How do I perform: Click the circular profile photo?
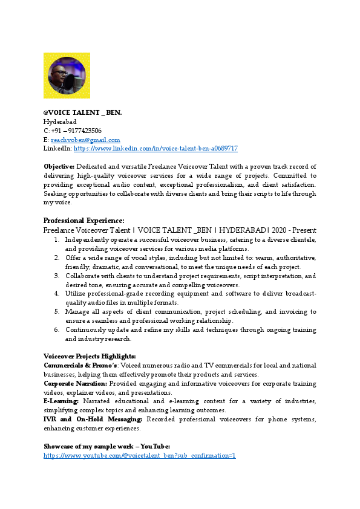coord(67,76)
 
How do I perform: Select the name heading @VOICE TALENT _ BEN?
coord(83,112)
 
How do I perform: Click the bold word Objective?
coord(59,166)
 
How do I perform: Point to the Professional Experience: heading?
coord(84,221)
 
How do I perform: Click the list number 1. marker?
coord(56,239)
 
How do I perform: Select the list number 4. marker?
coord(56,294)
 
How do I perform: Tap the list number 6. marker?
coord(56,330)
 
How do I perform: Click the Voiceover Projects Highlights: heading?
coord(90,357)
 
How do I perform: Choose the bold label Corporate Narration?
coord(76,384)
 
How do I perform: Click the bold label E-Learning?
coord(61,402)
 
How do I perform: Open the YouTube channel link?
coord(139,455)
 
